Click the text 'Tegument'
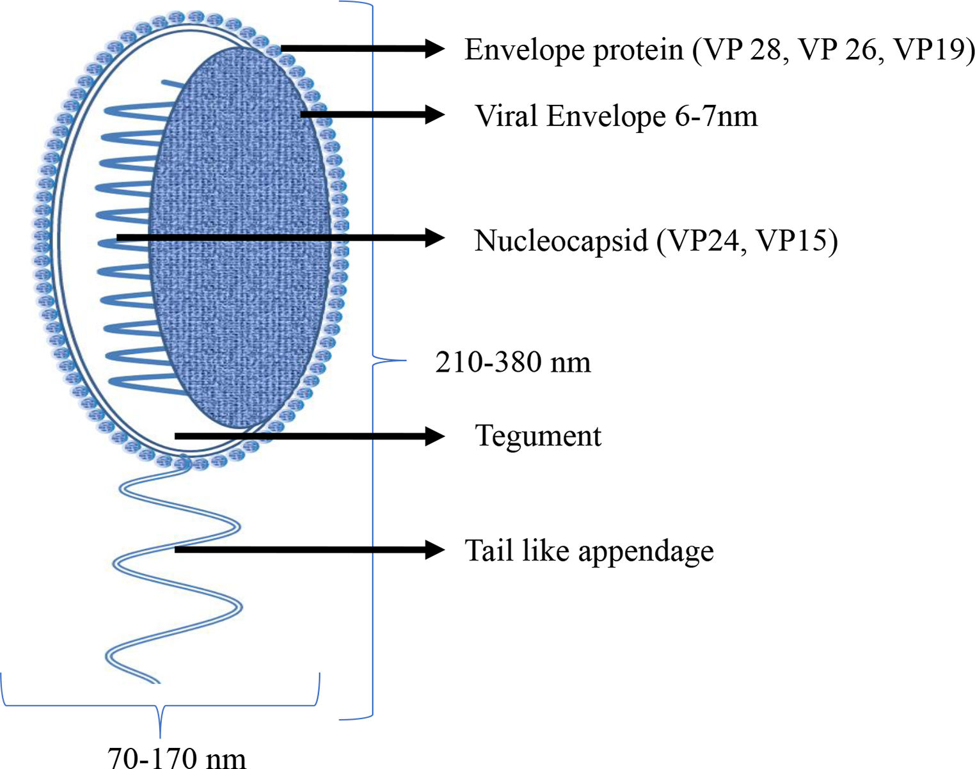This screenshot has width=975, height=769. tap(537, 436)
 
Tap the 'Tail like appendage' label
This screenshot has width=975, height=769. tap(589, 551)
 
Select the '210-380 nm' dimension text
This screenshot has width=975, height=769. tap(512, 362)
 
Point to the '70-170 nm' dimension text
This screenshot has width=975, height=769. tap(177, 757)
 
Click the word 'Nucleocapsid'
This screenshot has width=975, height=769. tap(560, 241)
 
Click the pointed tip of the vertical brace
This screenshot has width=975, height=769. tap(404, 361)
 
